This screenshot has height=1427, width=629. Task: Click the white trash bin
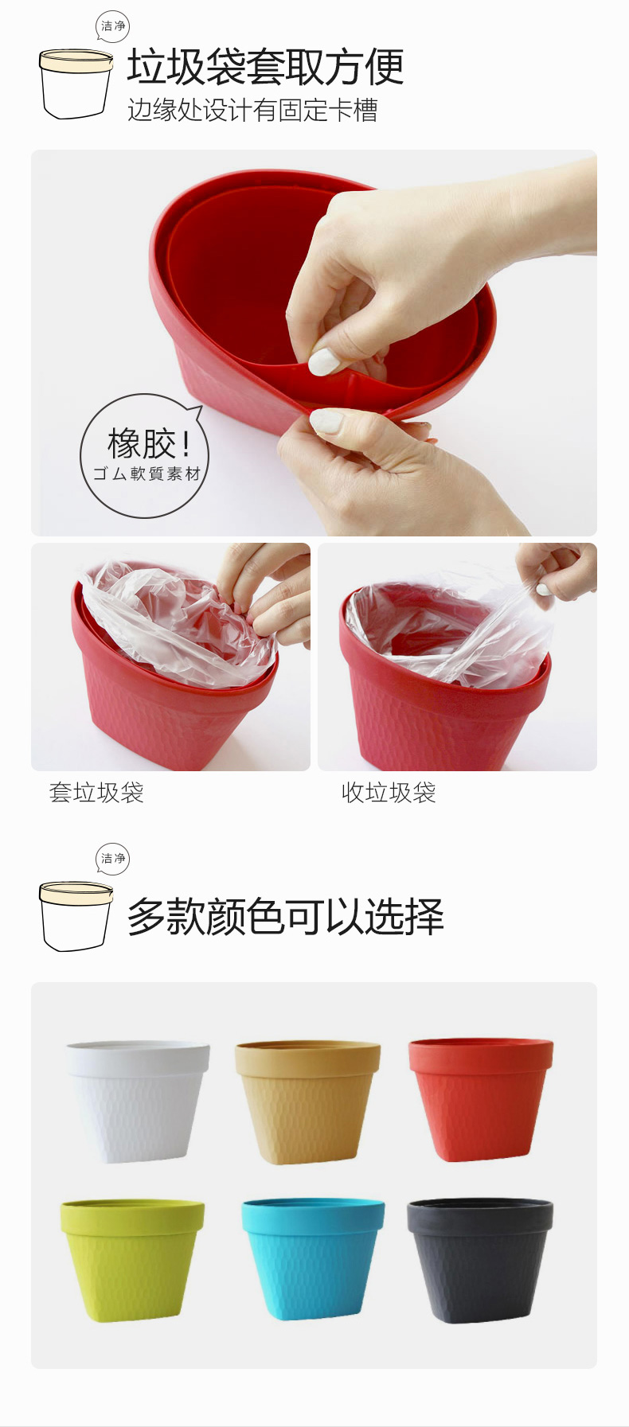(x=138, y=1101)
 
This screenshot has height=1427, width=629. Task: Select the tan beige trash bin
(x=307, y=1102)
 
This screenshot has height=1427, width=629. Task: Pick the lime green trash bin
(x=132, y=1260)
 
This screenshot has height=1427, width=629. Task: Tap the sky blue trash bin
(x=313, y=1259)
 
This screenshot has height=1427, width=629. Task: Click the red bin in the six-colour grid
(x=480, y=1099)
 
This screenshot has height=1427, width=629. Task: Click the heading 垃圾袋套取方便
(x=265, y=66)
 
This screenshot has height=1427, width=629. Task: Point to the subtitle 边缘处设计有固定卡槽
(x=252, y=110)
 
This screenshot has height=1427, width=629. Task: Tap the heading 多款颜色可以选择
(x=285, y=916)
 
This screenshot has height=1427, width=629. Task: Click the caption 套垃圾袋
(x=96, y=793)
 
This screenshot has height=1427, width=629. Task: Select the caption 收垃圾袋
(x=389, y=793)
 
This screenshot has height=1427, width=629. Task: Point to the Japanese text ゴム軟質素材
(x=147, y=474)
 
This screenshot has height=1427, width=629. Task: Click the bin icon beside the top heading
(x=76, y=84)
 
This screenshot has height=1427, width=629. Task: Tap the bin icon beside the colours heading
(x=76, y=916)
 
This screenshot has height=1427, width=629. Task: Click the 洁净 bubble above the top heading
(x=112, y=26)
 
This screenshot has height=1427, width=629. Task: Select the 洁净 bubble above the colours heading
(x=112, y=859)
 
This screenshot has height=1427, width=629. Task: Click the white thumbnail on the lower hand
(x=326, y=421)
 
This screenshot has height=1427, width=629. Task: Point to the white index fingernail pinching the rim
(x=324, y=361)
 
